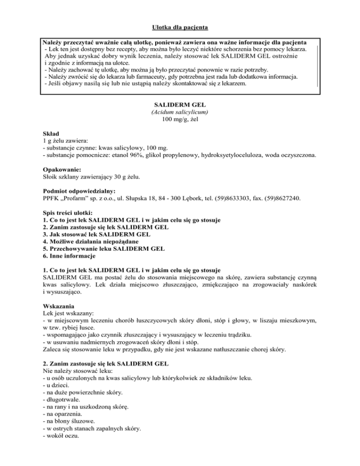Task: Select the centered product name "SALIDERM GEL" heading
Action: point(180,104)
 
